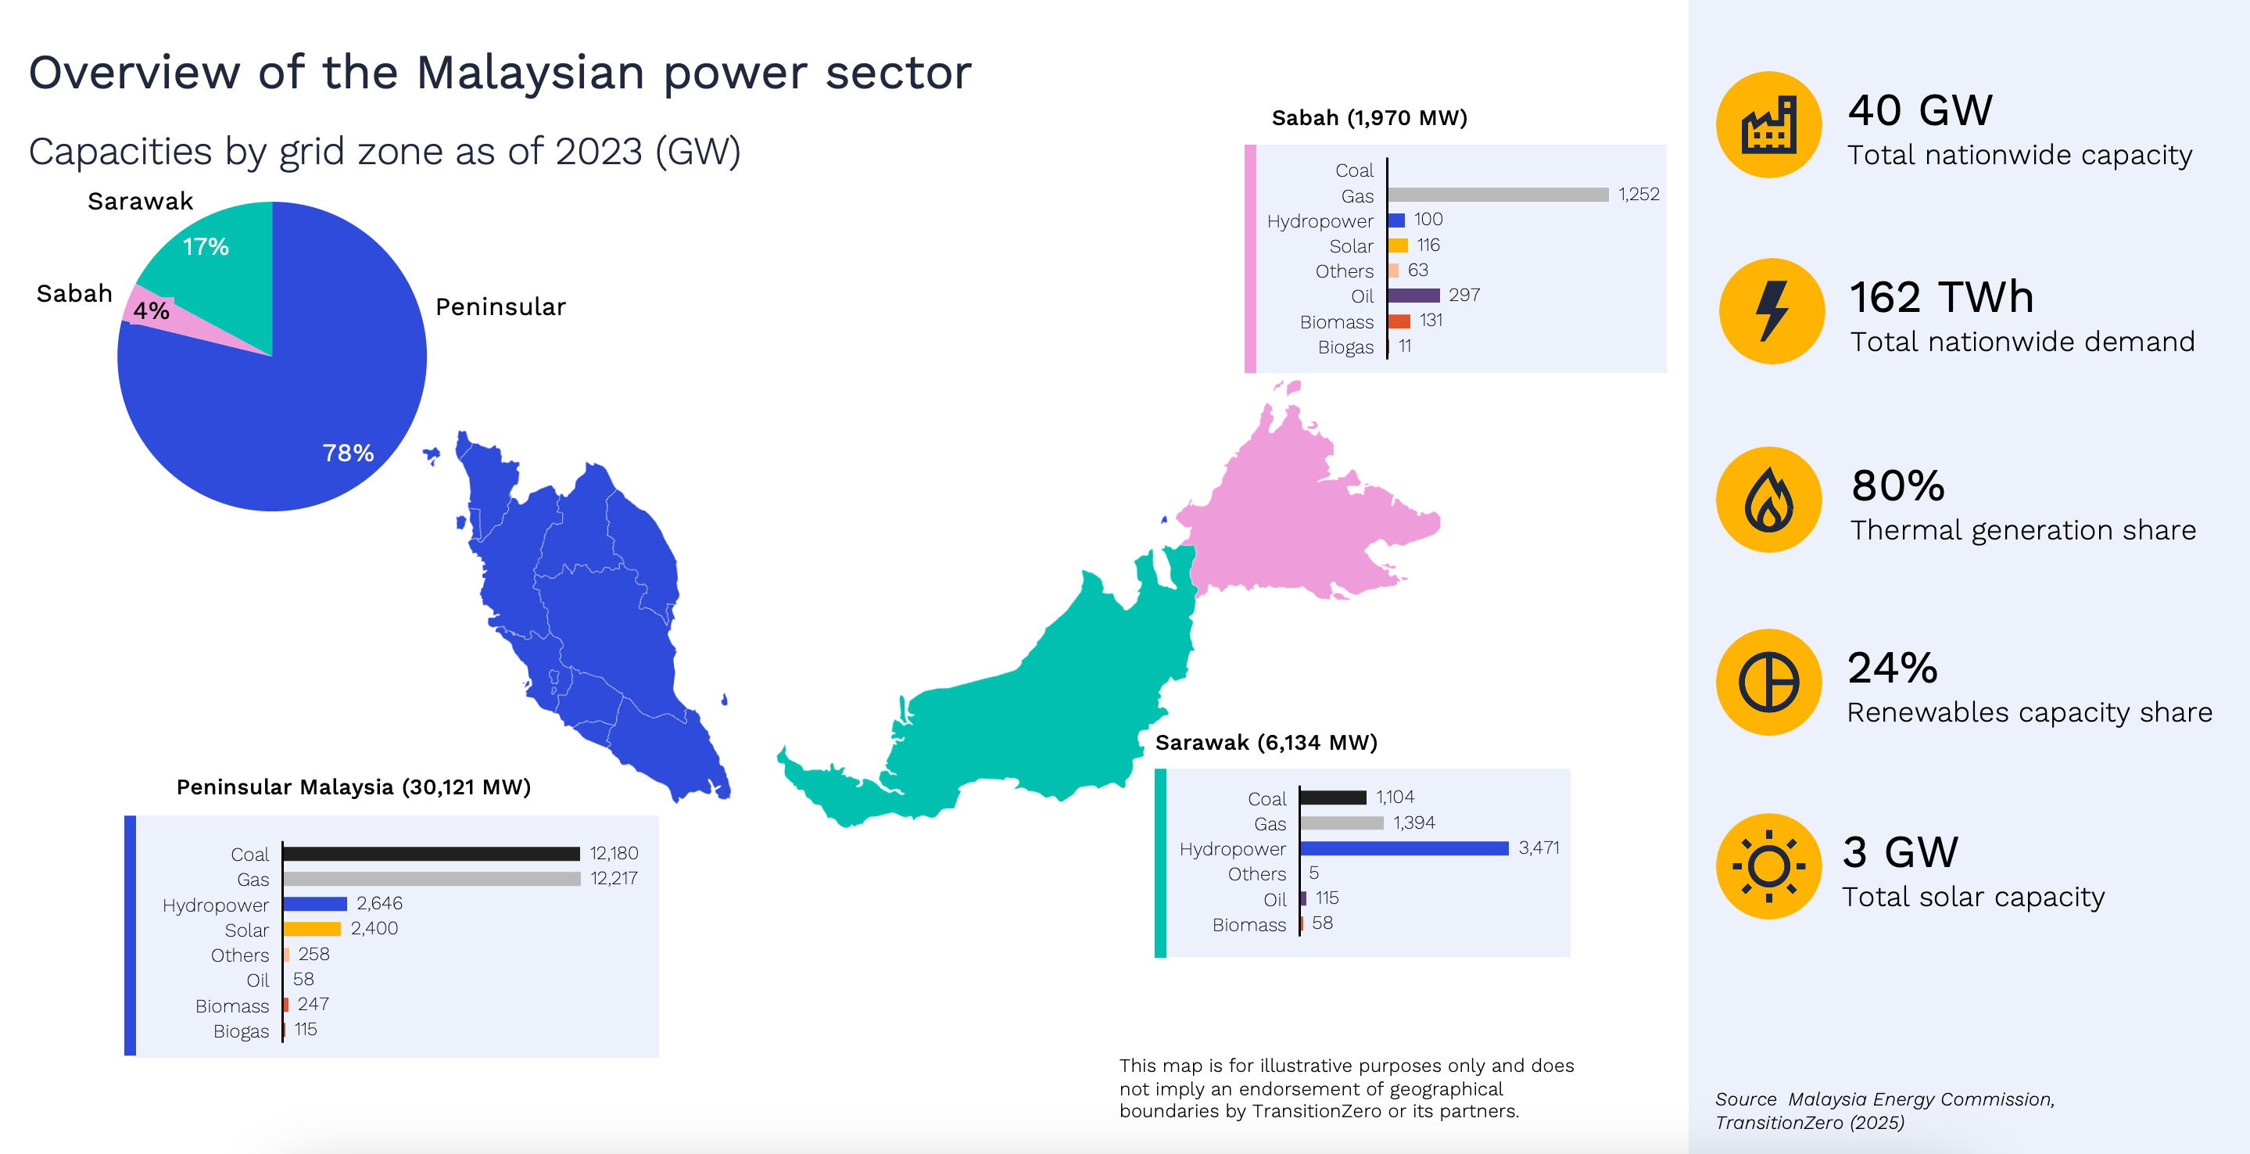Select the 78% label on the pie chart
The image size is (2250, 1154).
348,453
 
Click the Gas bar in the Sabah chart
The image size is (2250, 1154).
1498,195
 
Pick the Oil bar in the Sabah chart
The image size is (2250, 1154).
1414,296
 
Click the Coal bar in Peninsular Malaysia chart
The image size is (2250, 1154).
432,854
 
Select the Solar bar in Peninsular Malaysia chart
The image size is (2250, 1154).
312,929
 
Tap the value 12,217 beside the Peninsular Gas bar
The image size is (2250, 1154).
614,878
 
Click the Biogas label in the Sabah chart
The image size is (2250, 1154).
1345,348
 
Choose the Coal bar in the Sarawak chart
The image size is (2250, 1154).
1334,797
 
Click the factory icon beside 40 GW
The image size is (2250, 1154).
1768,125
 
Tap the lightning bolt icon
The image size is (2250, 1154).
1772,310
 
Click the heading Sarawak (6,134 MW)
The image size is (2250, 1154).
1267,743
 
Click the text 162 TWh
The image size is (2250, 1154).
1942,297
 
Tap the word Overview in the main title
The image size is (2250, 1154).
134,72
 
